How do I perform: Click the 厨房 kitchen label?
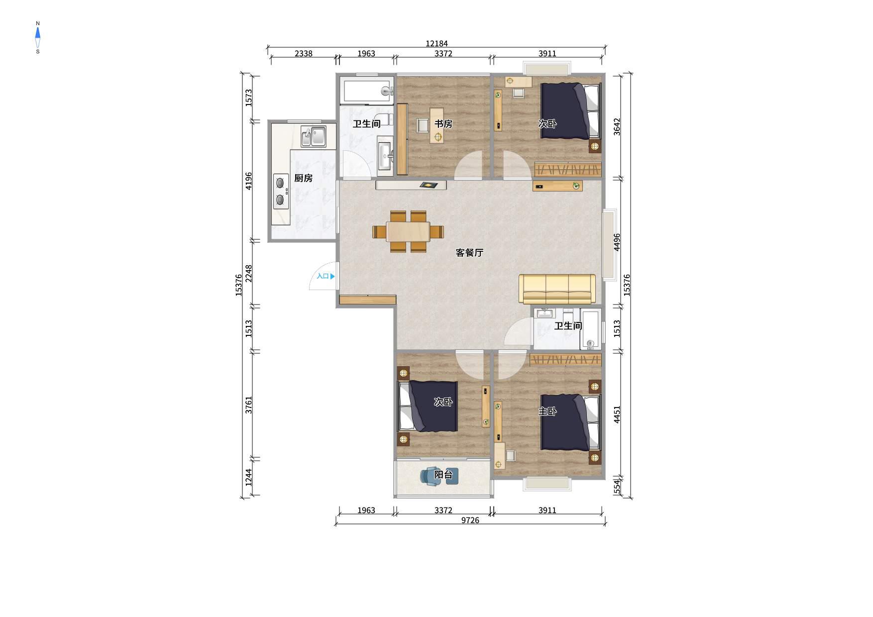(303, 178)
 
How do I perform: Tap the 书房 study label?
(443, 124)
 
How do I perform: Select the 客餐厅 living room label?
(469, 253)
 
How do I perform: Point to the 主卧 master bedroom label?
(547, 411)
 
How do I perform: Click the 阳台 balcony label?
(443, 475)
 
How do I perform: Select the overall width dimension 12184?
(436, 44)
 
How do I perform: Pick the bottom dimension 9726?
(470, 520)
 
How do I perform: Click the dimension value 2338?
(304, 54)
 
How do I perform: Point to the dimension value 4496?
(617, 242)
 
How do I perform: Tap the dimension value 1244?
(249, 478)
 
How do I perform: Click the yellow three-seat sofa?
(557, 289)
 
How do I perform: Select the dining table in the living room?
(408, 232)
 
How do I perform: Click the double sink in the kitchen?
(314, 136)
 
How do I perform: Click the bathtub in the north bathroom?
(367, 91)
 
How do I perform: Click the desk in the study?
(437, 125)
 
